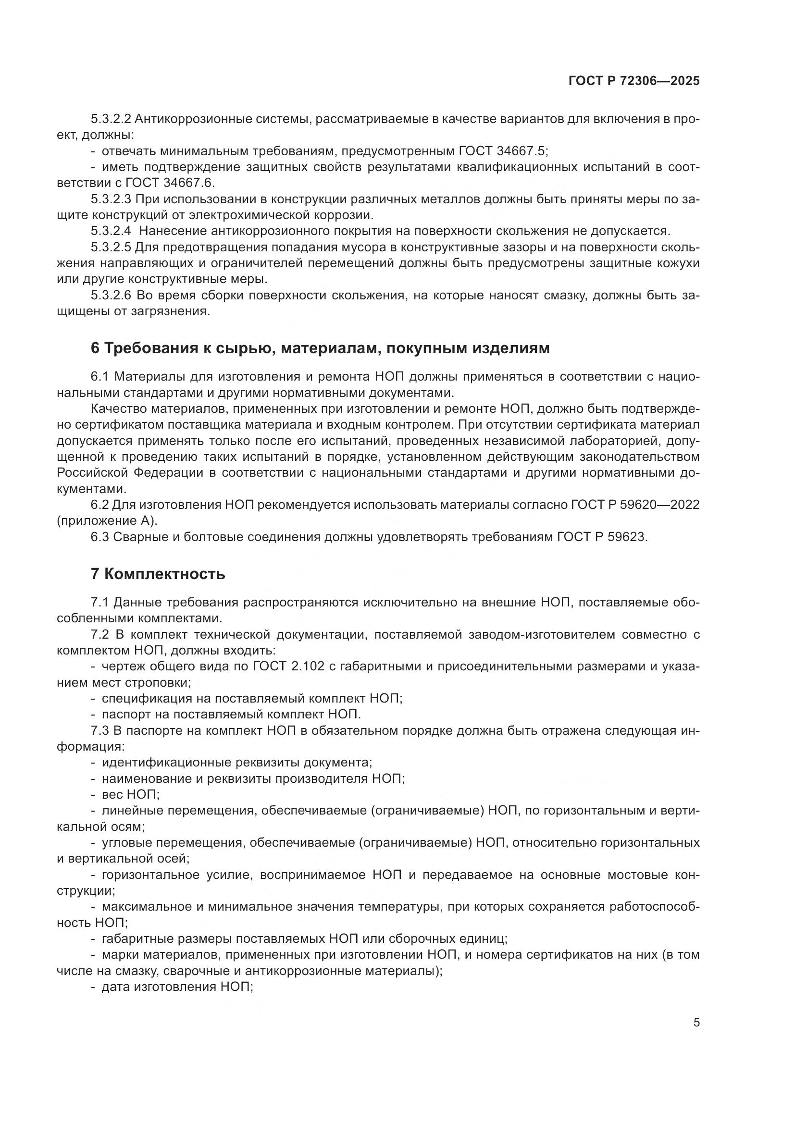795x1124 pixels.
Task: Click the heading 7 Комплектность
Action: (158, 574)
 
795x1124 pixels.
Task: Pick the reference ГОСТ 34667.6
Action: (170, 183)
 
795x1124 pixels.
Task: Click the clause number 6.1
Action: (101, 376)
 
